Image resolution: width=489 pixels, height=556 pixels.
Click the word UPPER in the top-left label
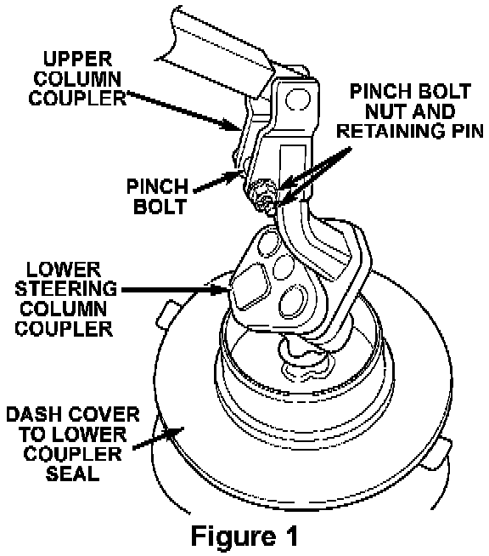pos(77,59)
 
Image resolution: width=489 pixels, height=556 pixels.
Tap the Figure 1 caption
pos(244,536)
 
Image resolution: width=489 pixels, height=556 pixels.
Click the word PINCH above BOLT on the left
pos(157,186)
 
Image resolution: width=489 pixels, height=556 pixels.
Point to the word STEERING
pos(66,289)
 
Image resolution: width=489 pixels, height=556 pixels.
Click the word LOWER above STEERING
pos(64,269)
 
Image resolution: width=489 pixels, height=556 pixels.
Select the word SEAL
pos(73,474)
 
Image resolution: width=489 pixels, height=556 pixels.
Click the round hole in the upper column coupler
pos(298,99)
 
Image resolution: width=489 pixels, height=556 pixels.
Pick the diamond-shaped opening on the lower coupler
pos(250,286)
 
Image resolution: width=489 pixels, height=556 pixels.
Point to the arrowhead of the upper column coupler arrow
pos(233,125)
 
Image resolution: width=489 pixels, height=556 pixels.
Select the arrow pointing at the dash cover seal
pos(158,439)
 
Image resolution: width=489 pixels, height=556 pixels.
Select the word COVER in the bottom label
pos(104,415)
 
